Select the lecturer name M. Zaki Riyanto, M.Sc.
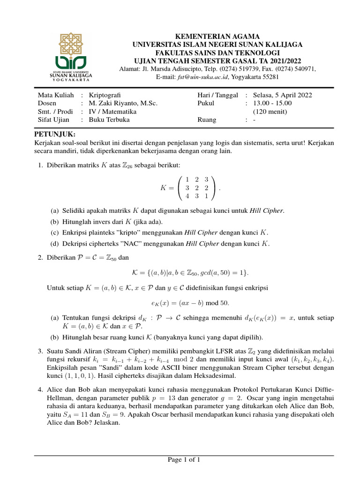[123, 103]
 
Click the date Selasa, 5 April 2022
[283, 95]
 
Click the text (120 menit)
[270, 112]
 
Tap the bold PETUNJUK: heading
[55, 134]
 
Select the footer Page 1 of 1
[184, 460]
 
